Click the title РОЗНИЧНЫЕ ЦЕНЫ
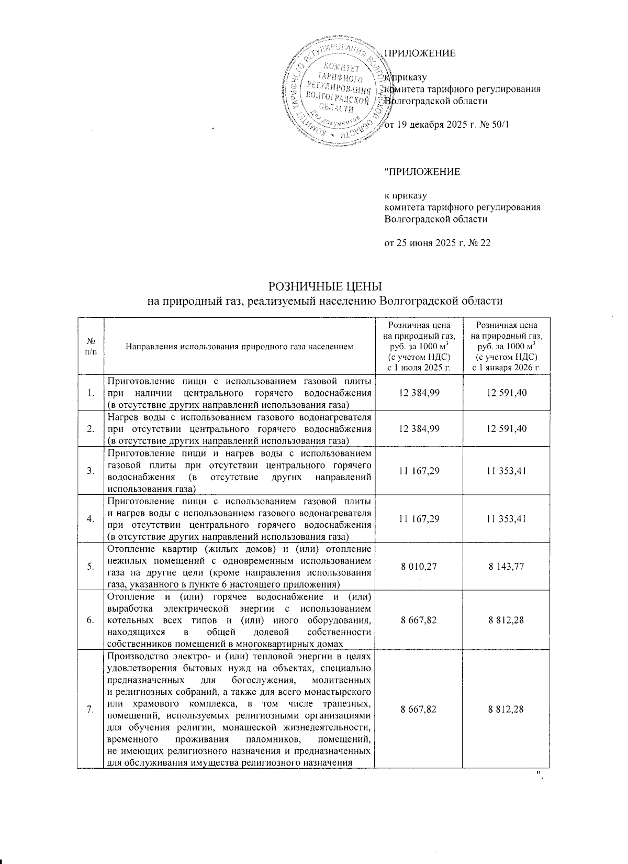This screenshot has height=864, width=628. pos(324,286)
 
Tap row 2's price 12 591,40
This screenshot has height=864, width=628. pos(506,428)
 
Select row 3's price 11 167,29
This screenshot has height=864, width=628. pos(419,471)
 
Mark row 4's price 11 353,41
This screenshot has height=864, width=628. pos(506,519)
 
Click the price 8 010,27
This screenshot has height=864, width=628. pos(419,566)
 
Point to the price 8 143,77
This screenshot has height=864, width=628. pos(506,566)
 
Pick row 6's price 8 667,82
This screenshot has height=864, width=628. pos(419,620)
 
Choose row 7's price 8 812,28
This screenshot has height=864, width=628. pos(506,709)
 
